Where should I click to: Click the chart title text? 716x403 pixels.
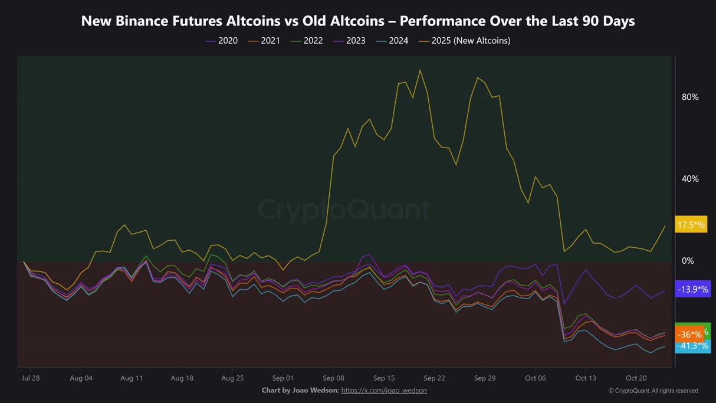357,21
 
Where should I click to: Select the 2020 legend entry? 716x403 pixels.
222,41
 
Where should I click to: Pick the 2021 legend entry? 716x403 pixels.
264,41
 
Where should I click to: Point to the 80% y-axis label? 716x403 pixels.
690,97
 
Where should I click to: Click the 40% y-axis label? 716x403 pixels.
690,179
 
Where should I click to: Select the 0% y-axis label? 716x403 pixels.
688,261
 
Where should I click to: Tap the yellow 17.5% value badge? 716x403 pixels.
691,225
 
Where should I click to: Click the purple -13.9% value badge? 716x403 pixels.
692,289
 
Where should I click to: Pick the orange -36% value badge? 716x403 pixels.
688,335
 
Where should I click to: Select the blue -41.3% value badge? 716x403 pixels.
692,346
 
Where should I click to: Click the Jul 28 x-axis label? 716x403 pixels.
31,378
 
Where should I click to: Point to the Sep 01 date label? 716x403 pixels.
283,378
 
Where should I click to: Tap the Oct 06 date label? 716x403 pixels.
536,378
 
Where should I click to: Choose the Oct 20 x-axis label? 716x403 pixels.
636,378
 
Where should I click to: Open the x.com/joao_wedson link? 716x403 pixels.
384,391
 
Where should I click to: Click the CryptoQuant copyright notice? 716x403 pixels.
653,391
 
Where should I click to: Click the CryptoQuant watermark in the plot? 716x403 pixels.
344,209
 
